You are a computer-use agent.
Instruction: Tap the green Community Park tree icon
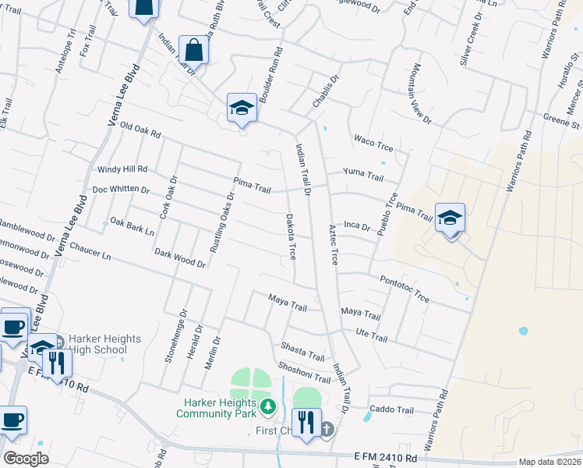[x=268, y=406]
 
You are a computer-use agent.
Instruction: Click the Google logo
[x=26, y=459]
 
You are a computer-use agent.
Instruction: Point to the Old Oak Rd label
[x=140, y=130]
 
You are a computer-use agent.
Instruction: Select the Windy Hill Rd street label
[x=122, y=168]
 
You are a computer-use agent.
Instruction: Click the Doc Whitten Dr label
[x=121, y=190]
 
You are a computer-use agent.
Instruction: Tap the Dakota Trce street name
[x=291, y=237]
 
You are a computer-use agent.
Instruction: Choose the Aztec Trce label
[x=334, y=246]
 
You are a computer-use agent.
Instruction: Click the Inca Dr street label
[x=356, y=226]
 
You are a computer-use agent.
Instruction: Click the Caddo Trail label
[x=394, y=409]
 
